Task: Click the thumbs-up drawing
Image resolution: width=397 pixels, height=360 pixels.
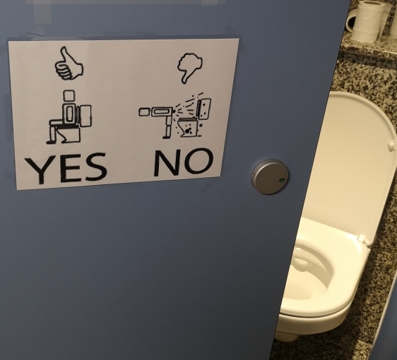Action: click(x=69, y=64)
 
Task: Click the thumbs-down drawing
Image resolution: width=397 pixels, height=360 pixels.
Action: click(x=189, y=67)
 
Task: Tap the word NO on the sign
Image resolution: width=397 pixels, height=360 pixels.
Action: click(x=184, y=162)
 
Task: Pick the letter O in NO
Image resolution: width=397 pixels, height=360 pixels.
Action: click(x=198, y=161)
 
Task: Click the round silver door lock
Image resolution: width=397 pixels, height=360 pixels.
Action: click(x=270, y=176)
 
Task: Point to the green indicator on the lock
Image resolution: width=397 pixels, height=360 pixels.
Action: click(x=282, y=181)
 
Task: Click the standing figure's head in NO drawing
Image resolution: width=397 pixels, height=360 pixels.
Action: click(x=144, y=112)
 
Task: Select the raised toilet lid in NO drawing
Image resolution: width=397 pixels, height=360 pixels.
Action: click(x=204, y=109)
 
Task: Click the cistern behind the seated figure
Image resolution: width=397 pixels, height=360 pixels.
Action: click(x=85, y=116)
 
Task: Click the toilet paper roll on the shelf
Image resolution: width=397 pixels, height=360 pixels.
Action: click(x=362, y=20)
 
